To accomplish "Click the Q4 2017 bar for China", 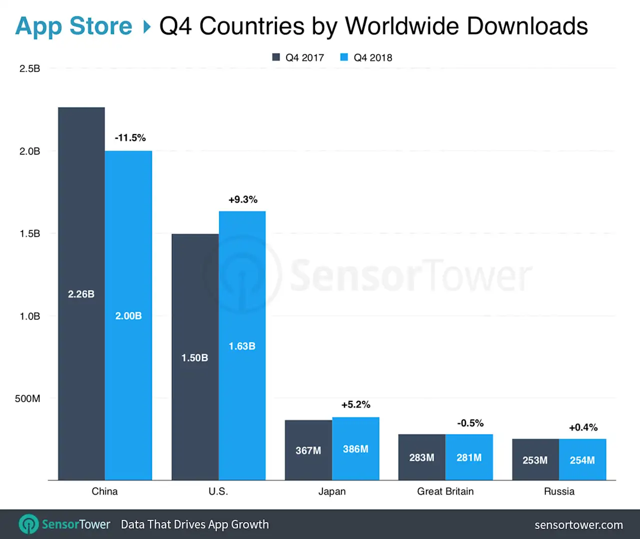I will click(81, 293).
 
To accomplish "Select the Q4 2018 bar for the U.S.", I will click(242, 345).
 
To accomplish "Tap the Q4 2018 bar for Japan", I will click(355, 448).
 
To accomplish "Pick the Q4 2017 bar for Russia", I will click(535, 459).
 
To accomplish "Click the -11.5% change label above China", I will click(130, 138).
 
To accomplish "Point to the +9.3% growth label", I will click(243, 199).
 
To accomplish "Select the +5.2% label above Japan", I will click(356, 404).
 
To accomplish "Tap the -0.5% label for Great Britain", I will click(470, 423).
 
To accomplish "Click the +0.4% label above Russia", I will click(583, 427).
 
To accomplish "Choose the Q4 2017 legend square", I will click(276, 57).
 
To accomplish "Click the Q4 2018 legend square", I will click(344, 57).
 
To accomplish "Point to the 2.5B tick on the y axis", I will click(29, 69).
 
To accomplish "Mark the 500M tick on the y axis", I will click(27, 398).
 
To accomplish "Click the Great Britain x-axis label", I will click(445, 491).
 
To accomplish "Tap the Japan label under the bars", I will click(332, 491).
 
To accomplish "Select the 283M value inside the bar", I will click(421, 457).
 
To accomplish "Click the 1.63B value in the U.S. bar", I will click(242, 346).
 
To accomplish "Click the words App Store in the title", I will click(73, 26).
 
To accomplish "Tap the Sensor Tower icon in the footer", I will click(28, 524).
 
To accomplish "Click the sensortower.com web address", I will click(578, 524).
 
